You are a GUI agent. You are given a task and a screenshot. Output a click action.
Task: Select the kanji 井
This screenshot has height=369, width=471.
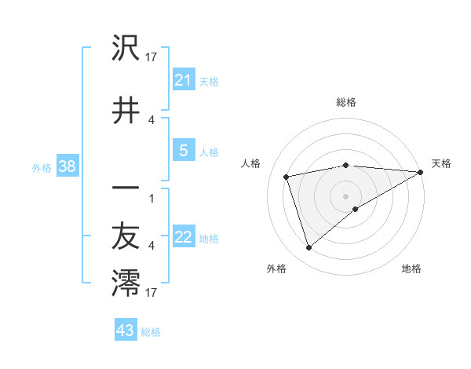coord(126,110)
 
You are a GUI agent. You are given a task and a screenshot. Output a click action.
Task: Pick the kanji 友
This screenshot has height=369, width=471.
coord(126,236)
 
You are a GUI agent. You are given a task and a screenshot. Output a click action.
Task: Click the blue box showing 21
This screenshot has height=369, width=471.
coord(184,80)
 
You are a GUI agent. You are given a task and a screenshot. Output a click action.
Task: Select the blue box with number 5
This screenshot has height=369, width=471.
coord(184,152)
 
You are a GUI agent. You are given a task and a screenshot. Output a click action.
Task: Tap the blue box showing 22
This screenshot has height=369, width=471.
coord(184,238)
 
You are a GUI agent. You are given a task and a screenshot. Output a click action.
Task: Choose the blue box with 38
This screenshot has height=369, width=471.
coord(67,166)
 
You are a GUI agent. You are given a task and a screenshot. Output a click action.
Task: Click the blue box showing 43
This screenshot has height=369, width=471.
coord(126,331)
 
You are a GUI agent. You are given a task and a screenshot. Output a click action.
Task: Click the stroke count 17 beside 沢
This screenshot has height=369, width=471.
coord(152,57)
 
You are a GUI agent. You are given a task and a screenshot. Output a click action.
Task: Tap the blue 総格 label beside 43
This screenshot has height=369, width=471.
coord(152,332)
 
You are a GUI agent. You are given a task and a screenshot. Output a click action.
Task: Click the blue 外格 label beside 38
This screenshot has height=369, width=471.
coord(42,167)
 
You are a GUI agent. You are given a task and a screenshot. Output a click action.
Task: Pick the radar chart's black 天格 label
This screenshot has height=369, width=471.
coord(441,163)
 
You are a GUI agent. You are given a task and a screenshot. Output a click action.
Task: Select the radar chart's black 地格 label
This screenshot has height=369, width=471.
coord(411,269)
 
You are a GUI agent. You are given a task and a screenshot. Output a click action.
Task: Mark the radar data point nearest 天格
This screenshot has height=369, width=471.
coord(421,172)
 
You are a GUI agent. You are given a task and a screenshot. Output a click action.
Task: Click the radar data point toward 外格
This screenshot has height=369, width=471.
coord(309,248)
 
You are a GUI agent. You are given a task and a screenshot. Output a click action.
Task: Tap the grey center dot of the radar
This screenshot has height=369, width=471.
coord(345,195)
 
